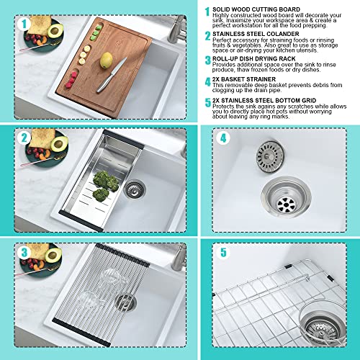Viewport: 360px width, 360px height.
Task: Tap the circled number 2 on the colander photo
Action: coord(23,138)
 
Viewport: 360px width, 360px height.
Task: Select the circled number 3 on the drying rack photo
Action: coord(23,253)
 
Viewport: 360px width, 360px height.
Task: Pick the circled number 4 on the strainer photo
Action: coord(224,138)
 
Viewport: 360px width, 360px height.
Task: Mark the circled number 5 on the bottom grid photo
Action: coord(224,253)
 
